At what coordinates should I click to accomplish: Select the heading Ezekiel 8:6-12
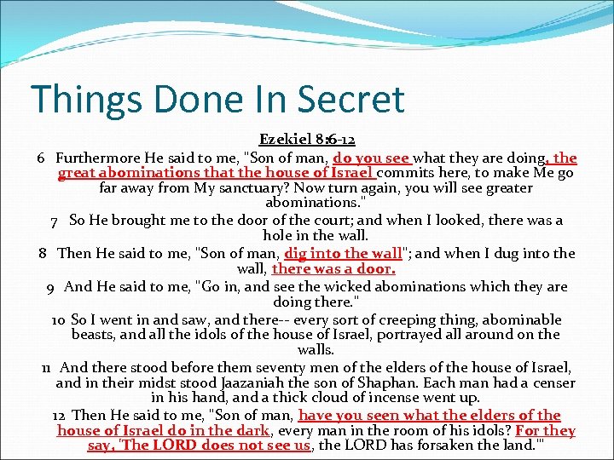coord(307,140)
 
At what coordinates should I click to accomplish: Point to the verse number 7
coord(55,221)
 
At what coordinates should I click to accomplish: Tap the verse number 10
coord(59,319)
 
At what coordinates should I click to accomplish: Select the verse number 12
coord(59,415)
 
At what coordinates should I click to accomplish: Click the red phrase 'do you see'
coord(372,158)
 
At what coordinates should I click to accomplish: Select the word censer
coord(553,382)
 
